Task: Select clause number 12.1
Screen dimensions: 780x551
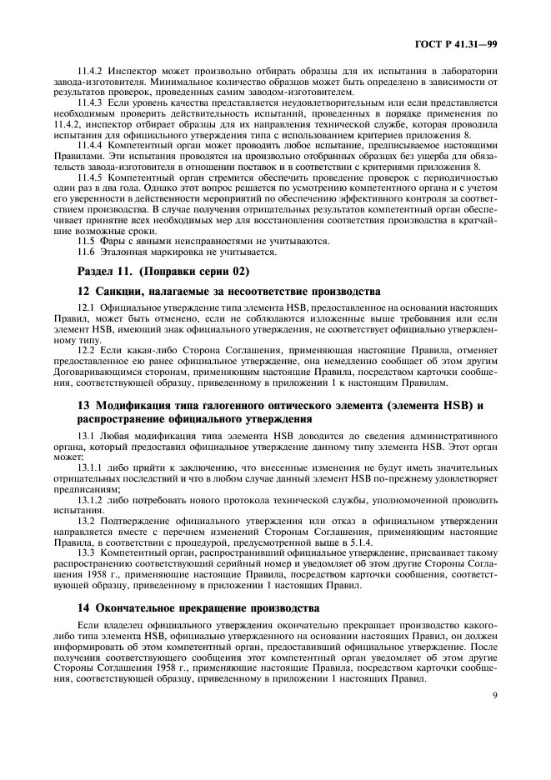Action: tap(87, 309)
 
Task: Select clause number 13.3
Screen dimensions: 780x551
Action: tap(87, 554)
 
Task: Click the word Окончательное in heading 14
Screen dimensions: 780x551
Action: tap(137, 607)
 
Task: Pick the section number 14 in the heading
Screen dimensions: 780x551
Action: tap(83, 607)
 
